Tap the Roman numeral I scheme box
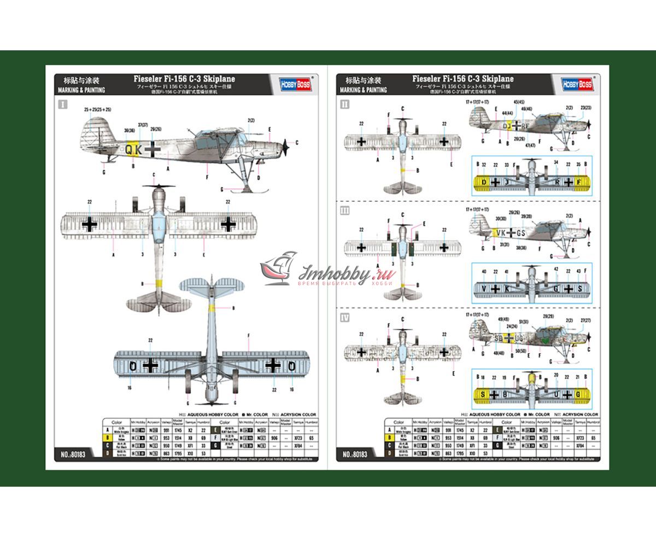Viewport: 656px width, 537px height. (x=62, y=104)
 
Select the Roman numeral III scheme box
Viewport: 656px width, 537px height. (x=344, y=211)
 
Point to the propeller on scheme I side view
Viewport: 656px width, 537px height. (x=285, y=146)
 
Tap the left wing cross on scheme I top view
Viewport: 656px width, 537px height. (x=90, y=224)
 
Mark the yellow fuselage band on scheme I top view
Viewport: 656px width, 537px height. (x=159, y=284)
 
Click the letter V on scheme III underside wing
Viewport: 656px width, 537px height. (x=484, y=288)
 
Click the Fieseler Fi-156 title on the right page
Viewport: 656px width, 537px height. (x=463, y=79)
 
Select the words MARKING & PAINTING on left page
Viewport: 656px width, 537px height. (x=81, y=90)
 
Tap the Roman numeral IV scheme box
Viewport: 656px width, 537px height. (x=344, y=318)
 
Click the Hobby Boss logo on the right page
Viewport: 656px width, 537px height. (x=577, y=84)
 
